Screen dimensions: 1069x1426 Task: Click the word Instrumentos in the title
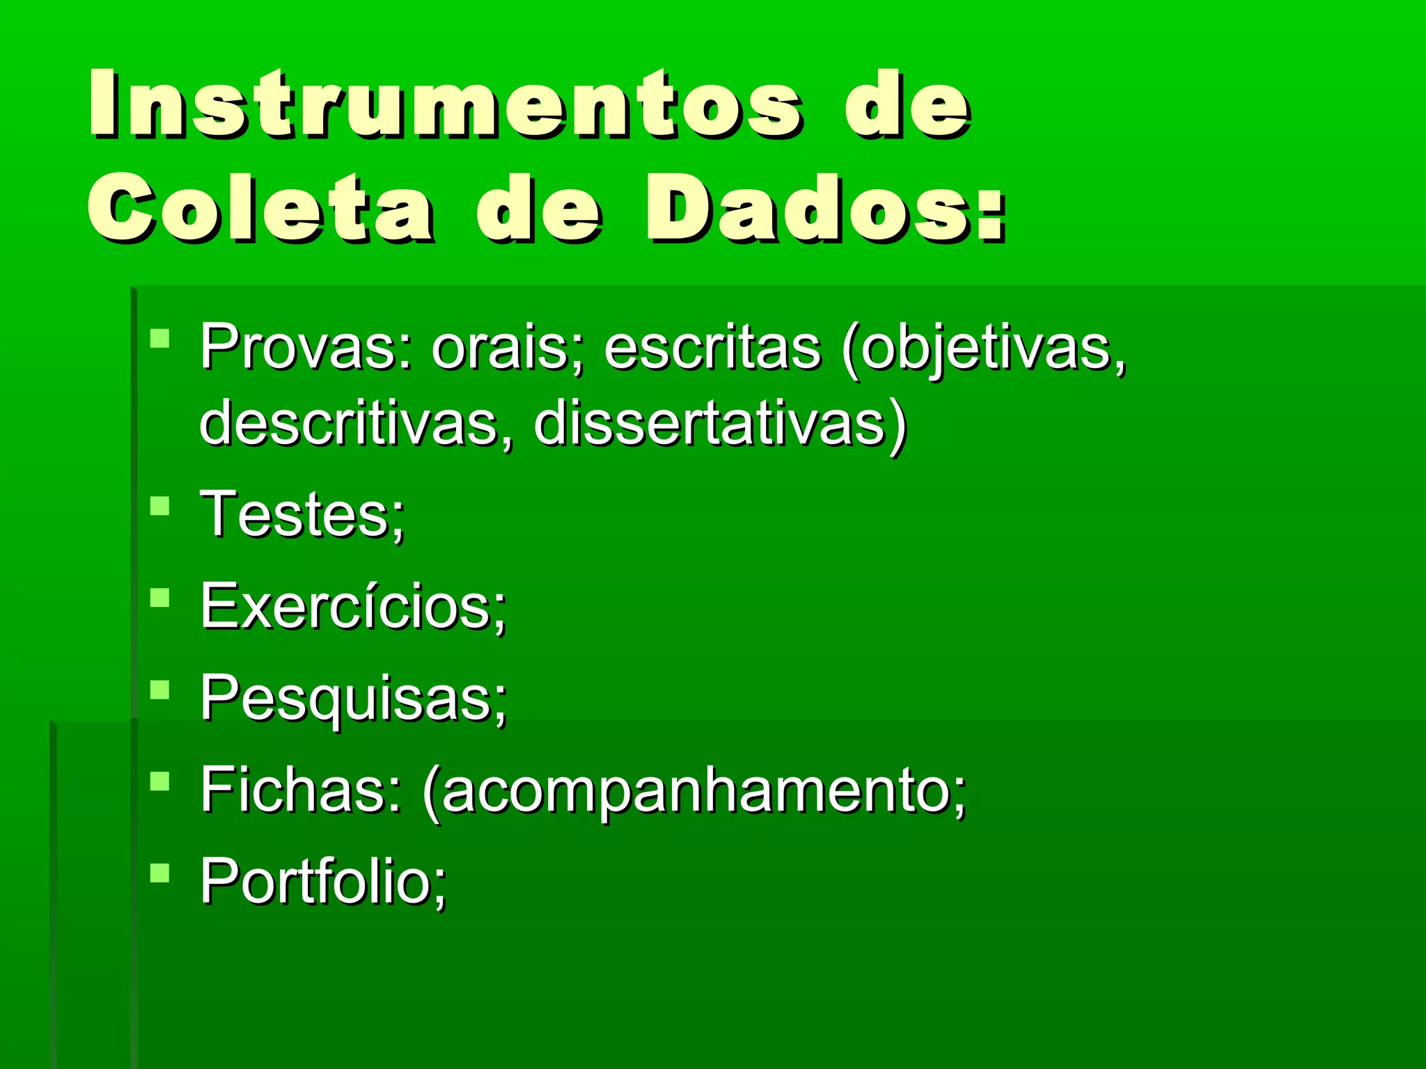click(446, 104)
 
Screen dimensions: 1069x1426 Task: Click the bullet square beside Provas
click(160, 340)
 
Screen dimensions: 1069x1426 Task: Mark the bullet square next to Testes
click(160, 506)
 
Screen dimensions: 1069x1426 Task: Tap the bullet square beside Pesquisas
click(160, 690)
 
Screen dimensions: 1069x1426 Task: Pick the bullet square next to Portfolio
click(160, 873)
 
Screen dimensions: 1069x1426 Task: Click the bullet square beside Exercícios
click(160, 598)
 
